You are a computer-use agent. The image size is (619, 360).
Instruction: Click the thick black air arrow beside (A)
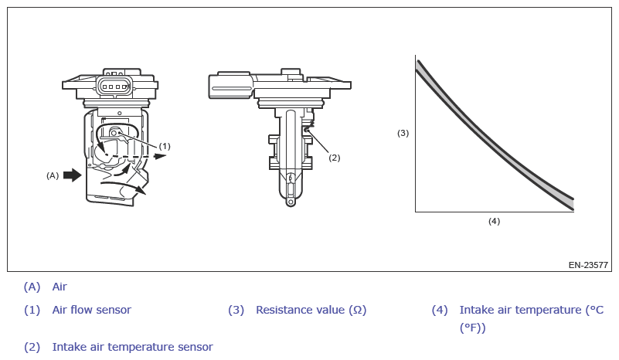(72, 175)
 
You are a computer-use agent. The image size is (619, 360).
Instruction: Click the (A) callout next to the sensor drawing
(53, 175)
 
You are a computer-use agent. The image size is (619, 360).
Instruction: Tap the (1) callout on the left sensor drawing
(165, 145)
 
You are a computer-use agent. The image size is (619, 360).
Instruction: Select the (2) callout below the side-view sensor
(334, 158)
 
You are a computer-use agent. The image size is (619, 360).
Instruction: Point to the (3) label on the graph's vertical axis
(403, 133)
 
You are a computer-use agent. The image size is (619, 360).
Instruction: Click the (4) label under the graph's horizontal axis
(494, 221)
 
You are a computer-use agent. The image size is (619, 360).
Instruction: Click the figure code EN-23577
(588, 265)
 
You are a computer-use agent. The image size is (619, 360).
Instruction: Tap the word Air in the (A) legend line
(60, 287)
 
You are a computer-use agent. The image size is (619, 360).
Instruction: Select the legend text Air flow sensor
(91, 310)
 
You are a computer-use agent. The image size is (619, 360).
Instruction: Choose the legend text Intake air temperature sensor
(132, 347)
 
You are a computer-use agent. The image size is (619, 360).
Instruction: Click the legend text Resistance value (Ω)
(311, 310)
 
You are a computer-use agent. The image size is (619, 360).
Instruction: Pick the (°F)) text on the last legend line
(472, 328)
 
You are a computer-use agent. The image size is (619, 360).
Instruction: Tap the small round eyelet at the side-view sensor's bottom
(290, 203)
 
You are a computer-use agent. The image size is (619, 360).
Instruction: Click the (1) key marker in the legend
(32, 310)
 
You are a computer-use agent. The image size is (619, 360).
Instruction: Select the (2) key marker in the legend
(32, 347)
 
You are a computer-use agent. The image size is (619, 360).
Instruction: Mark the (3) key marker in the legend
(236, 310)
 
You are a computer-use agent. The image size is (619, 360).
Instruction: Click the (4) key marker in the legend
(440, 310)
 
